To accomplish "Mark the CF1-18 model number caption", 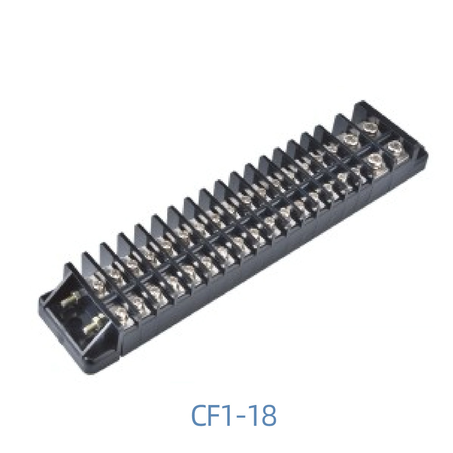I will (x=234, y=415).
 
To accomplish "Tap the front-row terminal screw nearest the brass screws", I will (x=119, y=313).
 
